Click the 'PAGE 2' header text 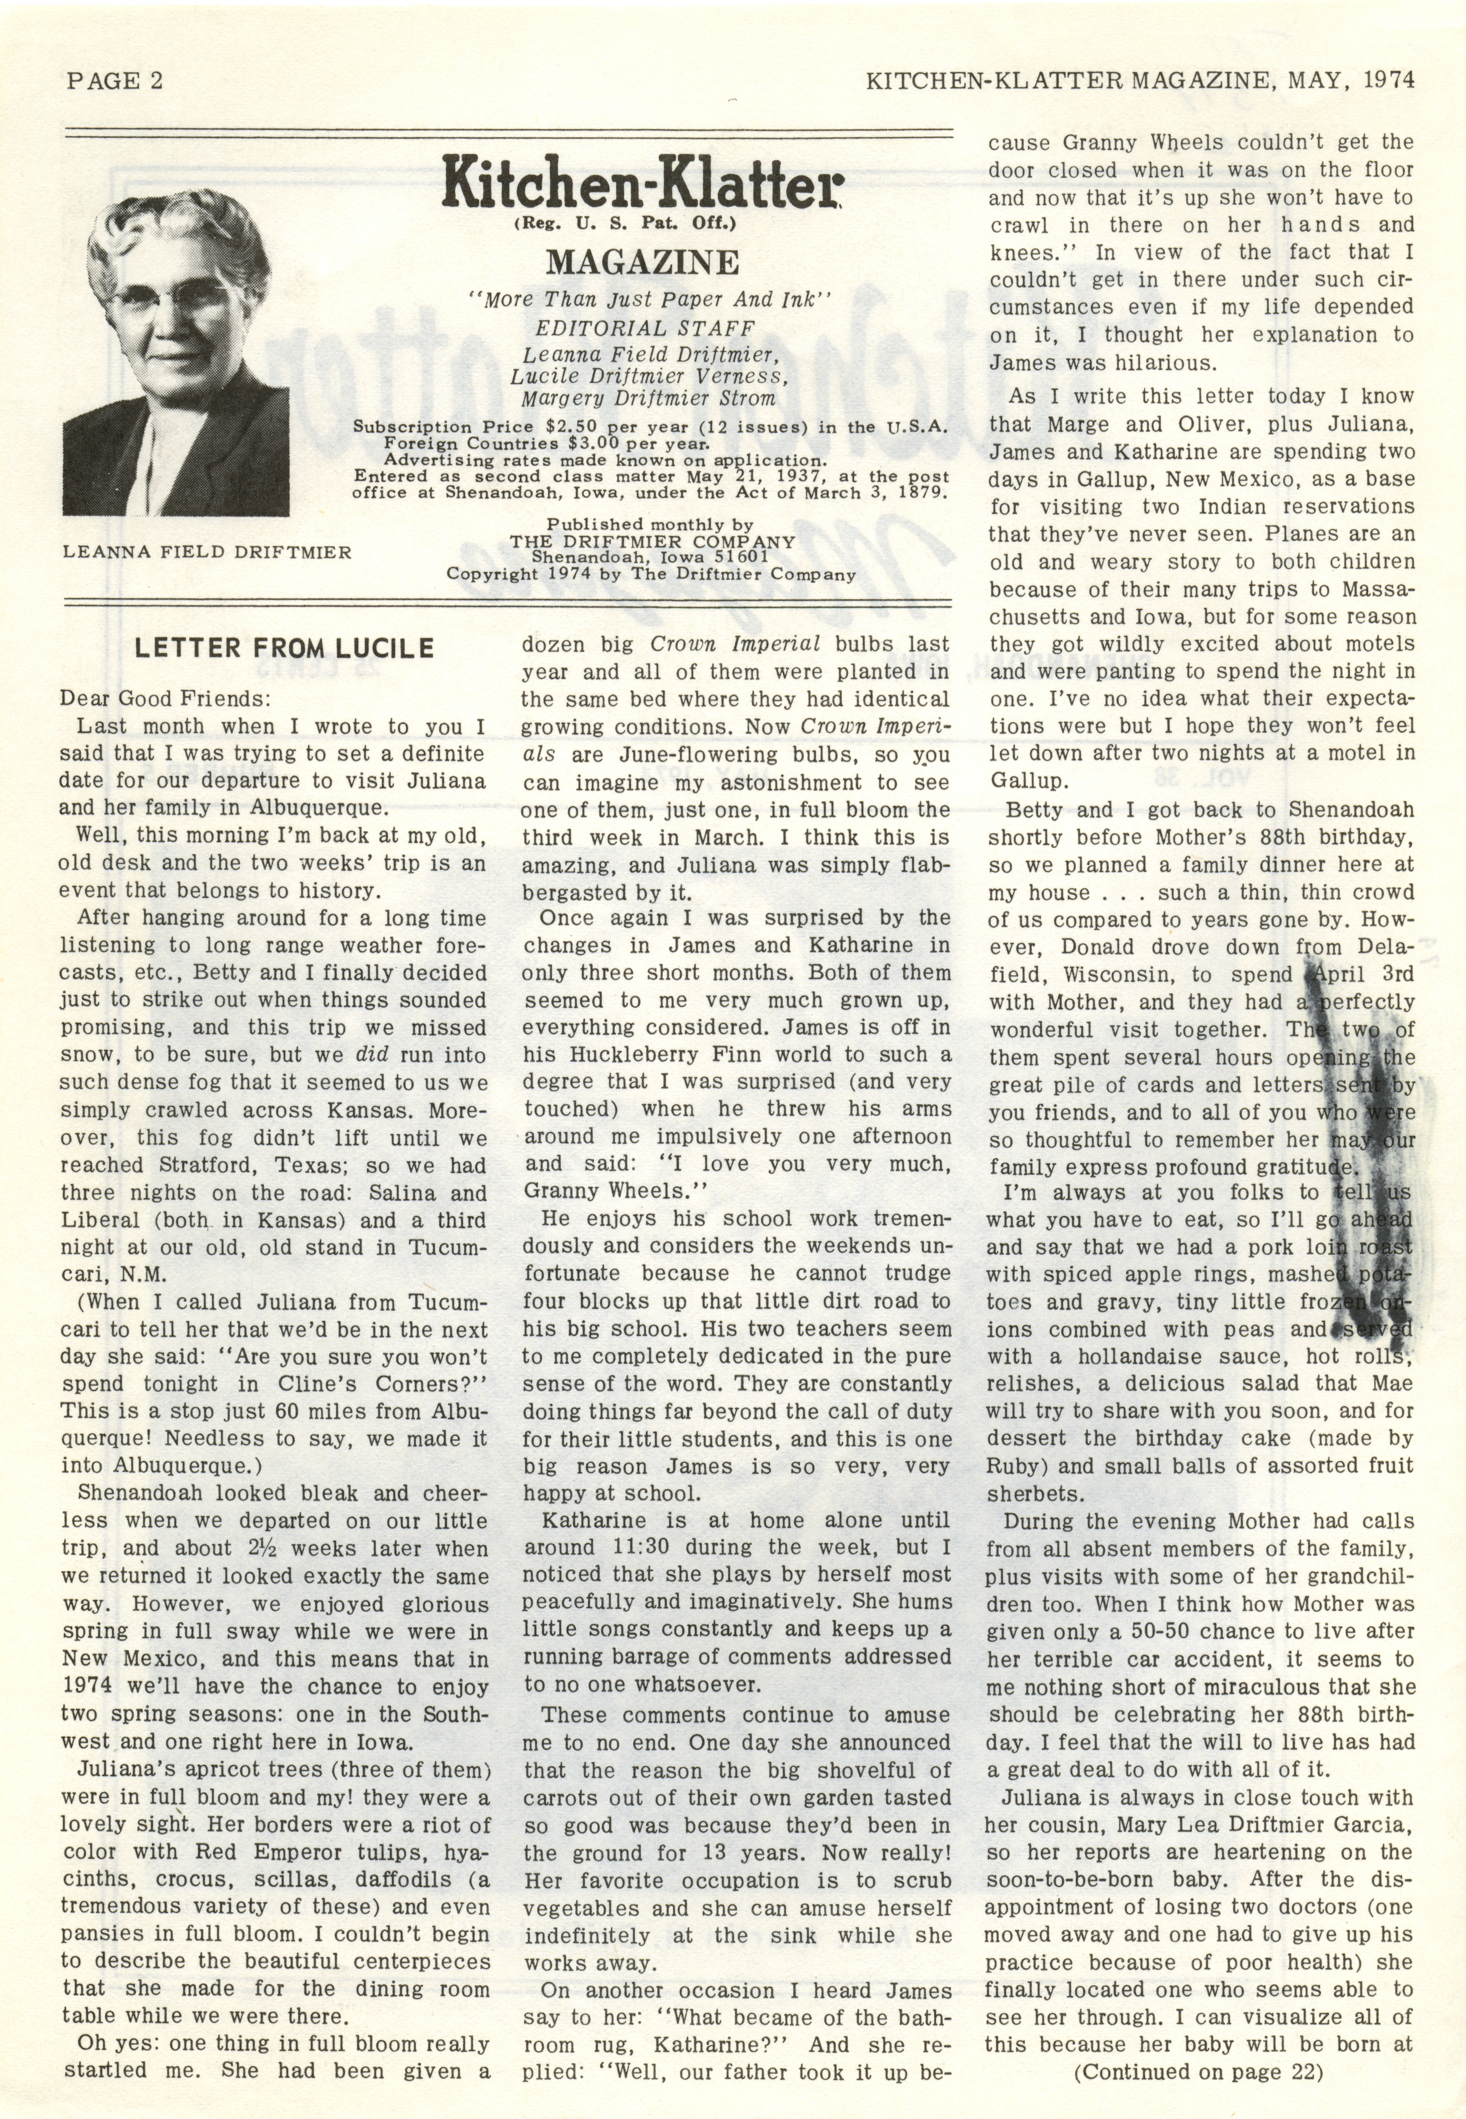tap(115, 81)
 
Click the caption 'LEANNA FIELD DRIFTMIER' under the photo tap(207, 552)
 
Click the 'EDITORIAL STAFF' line tap(645, 328)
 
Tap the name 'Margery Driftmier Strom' tap(648, 399)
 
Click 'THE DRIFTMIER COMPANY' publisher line tap(652, 542)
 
